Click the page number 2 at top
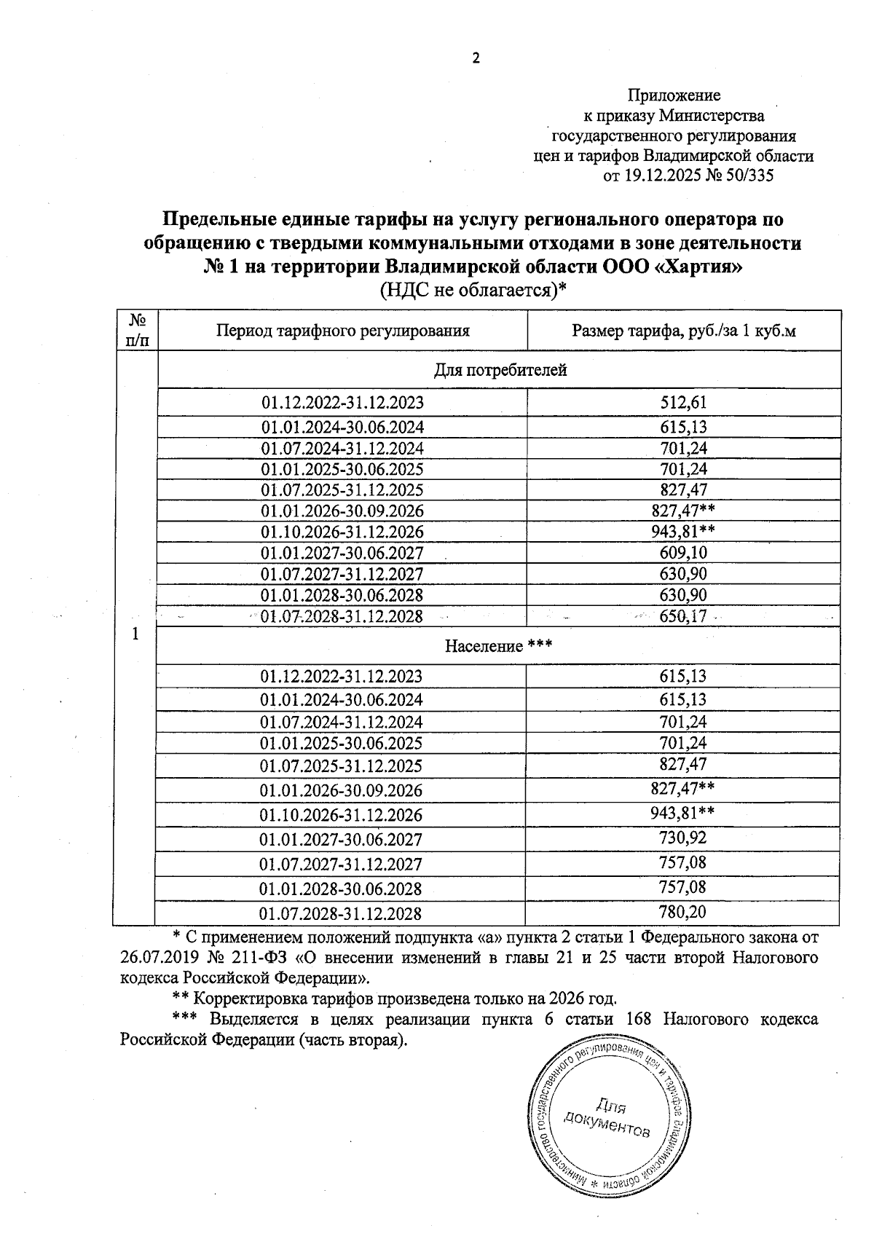pos(476,59)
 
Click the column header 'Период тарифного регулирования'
pos(342,331)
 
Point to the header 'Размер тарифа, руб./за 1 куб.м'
pos(683,331)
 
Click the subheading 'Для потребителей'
pos(500,370)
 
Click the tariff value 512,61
pos(683,402)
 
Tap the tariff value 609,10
pos(683,553)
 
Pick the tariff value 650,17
pos(683,616)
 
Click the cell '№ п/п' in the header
pos(137,330)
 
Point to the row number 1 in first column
pos(135,634)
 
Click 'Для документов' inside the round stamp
pos(607,1118)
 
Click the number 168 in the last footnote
pos(639,1019)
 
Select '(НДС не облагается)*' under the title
pos(473,290)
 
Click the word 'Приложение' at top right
pos(674,95)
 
